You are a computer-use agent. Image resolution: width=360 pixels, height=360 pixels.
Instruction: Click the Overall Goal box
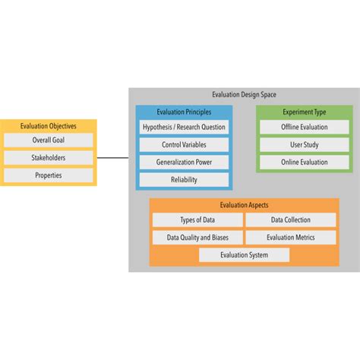tap(48, 141)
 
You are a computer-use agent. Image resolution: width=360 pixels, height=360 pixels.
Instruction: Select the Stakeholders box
tap(48, 158)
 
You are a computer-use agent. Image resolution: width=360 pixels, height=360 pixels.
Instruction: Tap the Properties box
tap(48, 175)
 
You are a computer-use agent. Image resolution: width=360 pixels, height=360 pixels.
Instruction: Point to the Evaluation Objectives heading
tap(48, 126)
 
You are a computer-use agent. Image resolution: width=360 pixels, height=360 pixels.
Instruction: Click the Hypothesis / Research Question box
tap(184, 127)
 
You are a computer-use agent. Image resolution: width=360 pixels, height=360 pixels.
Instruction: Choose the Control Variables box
tap(184, 144)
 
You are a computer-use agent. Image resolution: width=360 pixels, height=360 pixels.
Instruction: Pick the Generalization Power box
tap(184, 162)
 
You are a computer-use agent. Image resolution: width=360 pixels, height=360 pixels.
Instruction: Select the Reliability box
tap(184, 179)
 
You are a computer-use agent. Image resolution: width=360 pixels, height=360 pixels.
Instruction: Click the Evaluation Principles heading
tap(184, 112)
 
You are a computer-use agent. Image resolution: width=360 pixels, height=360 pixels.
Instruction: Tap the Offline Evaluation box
tap(304, 127)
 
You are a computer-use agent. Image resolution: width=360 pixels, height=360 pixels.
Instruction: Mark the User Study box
tap(304, 144)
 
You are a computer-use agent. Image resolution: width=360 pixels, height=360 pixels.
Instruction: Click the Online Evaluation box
tap(304, 162)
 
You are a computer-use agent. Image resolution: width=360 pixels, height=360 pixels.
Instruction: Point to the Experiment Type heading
tap(304, 112)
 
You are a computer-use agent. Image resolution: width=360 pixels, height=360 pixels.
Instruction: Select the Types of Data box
tap(197, 220)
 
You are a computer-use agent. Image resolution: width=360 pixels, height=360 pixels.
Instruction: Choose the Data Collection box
tap(290, 220)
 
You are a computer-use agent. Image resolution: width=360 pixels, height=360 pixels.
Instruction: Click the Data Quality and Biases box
tap(197, 238)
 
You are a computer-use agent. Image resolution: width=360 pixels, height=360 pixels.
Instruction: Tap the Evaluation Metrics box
tap(290, 238)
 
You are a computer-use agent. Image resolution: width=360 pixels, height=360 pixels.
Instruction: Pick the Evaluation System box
tap(244, 255)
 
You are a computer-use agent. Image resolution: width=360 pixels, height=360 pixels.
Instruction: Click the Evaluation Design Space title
tap(244, 95)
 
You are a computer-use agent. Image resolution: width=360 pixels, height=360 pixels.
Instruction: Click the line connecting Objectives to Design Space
tap(113, 158)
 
